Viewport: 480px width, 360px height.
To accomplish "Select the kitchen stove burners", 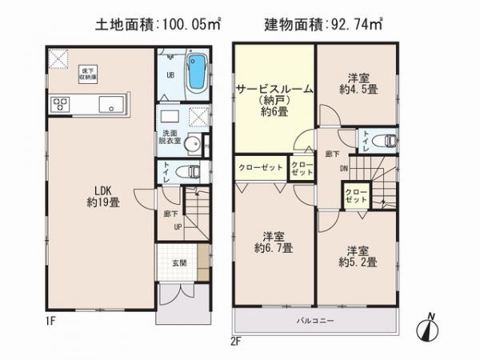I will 60,102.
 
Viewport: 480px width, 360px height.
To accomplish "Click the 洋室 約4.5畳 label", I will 357,84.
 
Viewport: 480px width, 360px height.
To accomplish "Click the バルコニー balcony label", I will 317,322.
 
